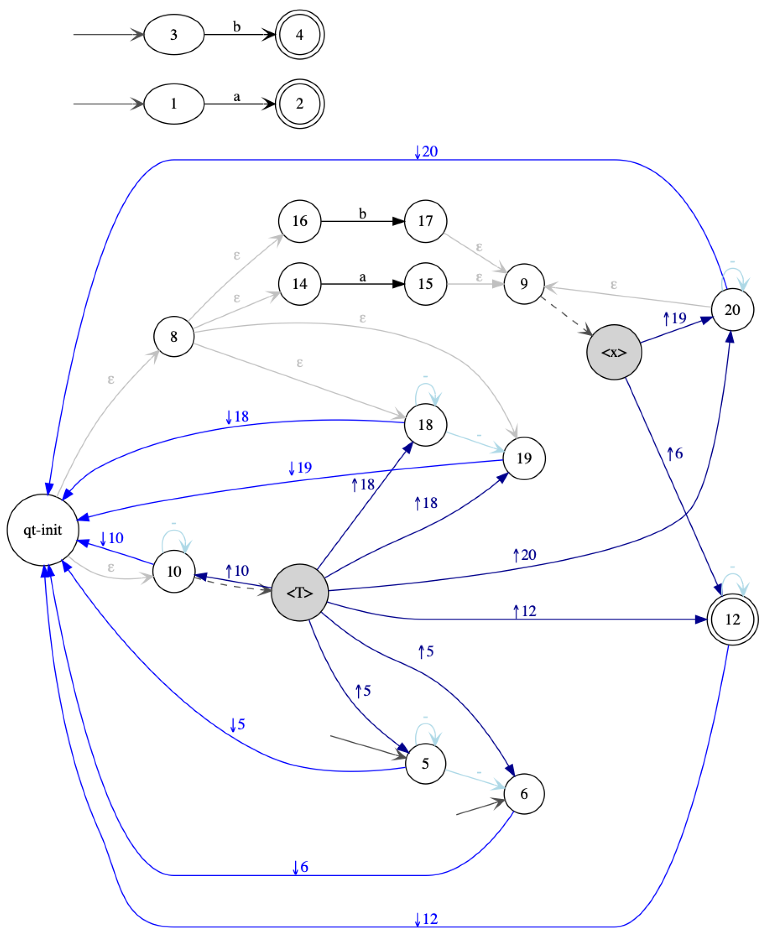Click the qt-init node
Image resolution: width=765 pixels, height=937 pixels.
coord(43,530)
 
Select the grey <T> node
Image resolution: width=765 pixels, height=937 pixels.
coord(300,592)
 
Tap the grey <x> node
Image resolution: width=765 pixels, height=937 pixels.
coord(614,353)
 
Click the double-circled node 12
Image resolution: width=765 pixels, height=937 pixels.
coord(732,619)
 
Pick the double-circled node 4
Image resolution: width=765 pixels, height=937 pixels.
coord(300,35)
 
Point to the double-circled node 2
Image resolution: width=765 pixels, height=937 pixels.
coord(300,104)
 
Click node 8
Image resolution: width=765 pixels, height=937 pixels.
coord(174,336)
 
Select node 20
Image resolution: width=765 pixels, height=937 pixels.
coord(732,310)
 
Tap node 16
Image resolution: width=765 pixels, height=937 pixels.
coord(300,221)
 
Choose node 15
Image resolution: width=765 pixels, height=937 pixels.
coord(425,284)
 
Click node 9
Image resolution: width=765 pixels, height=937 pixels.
coord(524,284)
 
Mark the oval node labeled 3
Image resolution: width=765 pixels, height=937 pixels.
coord(174,35)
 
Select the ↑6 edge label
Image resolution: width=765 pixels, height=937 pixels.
coord(674,453)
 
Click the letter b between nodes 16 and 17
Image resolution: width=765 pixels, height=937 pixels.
coord(362,213)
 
